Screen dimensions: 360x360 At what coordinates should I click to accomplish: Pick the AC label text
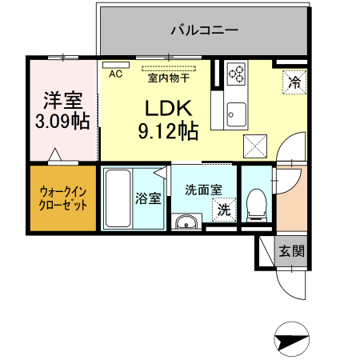click(x=115, y=74)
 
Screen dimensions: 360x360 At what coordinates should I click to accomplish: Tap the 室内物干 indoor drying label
click(x=168, y=78)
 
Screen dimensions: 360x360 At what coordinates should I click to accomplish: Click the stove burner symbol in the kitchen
click(x=237, y=75)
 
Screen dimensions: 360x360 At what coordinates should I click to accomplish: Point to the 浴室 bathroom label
click(x=148, y=198)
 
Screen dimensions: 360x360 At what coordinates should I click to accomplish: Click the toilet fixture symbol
click(x=256, y=204)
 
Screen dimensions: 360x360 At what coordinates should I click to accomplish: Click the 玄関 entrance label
click(x=291, y=250)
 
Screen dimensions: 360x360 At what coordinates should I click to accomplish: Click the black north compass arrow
click(x=291, y=341)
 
